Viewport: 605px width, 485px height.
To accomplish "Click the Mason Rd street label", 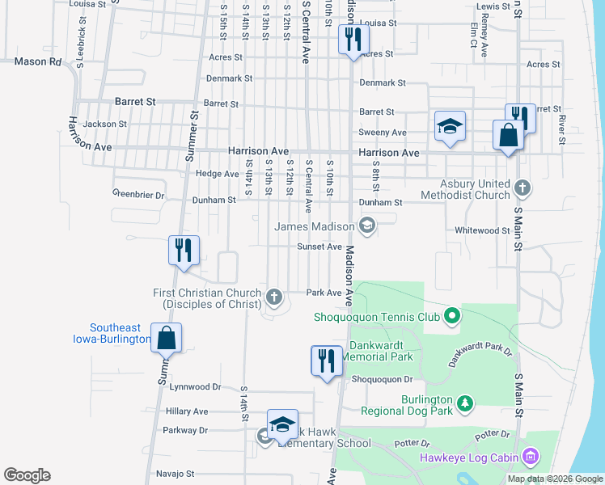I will coord(38,61).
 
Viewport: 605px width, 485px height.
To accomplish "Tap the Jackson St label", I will coord(104,124).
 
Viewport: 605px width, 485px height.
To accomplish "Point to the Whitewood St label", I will coord(482,230).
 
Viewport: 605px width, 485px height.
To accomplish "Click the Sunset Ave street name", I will coord(319,247).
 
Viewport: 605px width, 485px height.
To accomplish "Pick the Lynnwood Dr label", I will coord(195,387).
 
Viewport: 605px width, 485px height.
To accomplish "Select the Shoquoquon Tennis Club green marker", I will coord(452,316).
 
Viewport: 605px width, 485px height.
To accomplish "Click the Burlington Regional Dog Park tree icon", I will coord(464,403).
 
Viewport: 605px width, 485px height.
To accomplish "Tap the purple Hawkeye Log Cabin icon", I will coord(531,458).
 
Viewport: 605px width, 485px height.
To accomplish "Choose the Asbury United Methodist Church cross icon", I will coord(522,188).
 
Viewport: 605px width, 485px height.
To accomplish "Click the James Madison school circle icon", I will coord(367,226).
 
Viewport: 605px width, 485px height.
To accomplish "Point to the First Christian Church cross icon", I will coord(274,297).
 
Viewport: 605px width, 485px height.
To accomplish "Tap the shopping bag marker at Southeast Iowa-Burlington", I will coord(166,338).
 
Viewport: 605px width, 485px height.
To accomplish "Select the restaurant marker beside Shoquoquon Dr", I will coord(327,360).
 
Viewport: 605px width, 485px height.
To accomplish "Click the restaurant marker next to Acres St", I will coord(353,39).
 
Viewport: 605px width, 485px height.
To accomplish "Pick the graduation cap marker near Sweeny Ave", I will coord(450,126).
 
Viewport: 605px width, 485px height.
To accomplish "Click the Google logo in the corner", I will coord(27,475).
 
